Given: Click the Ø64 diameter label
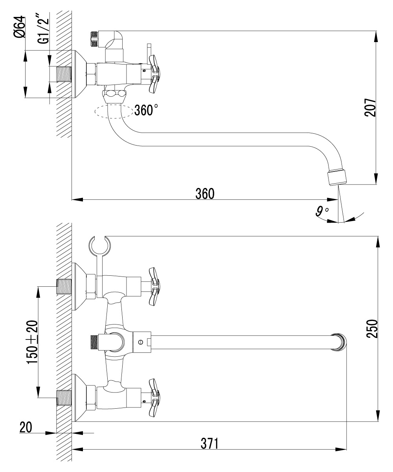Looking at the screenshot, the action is [19, 27].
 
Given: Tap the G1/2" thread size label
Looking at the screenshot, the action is [43, 28].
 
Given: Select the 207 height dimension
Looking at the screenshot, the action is [370, 107].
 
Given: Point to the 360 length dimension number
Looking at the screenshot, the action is [205, 194].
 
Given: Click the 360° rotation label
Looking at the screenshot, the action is [146, 110].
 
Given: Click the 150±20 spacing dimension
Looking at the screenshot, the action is [32, 342].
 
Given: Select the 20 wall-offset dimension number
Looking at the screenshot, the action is [26, 427].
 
